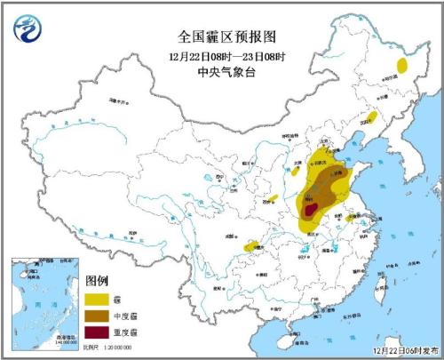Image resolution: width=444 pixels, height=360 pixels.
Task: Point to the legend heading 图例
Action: point(97,281)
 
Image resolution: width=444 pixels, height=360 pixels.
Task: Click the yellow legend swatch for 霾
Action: point(99,299)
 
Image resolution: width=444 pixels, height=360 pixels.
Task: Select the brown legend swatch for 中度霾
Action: point(99,316)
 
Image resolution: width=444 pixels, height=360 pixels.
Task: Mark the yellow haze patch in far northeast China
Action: point(402,65)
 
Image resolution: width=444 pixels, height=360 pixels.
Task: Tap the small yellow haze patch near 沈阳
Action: point(371,116)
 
